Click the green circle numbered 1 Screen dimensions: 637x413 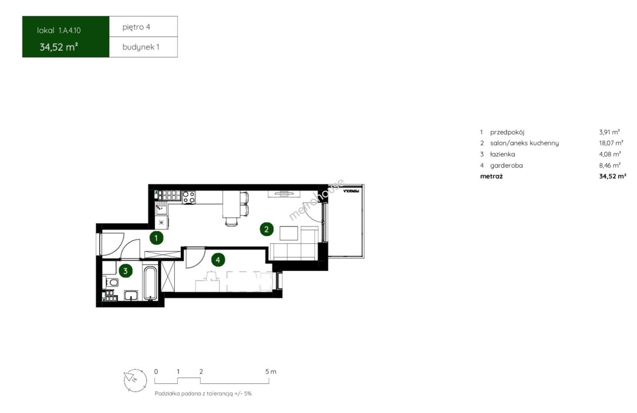pos(156,238)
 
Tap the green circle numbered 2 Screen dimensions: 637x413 pos(266,229)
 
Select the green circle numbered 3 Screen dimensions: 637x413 pos(125,271)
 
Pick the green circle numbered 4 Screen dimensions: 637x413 pos(218,260)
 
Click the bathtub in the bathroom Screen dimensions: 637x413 pos(150,283)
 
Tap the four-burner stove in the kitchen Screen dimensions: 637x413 pos(189,197)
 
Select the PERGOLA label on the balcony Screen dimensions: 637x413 pos(351,191)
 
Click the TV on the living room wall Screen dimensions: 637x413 pos(284,194)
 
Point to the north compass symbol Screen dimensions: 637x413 pos(135,380)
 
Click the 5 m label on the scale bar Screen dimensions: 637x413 pos(271,371)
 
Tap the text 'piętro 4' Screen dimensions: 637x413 pos(136,27)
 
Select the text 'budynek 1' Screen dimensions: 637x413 pos(141,47)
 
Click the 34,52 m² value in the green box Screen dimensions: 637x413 pos(59,47)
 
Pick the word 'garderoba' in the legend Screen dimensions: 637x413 pos(506,165)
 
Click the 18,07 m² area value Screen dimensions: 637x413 pos(611,143)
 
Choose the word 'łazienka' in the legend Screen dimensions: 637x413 pos(502,154)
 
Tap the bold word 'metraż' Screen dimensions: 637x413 pos(491,176)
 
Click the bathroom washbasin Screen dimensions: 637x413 pos(131,296)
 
